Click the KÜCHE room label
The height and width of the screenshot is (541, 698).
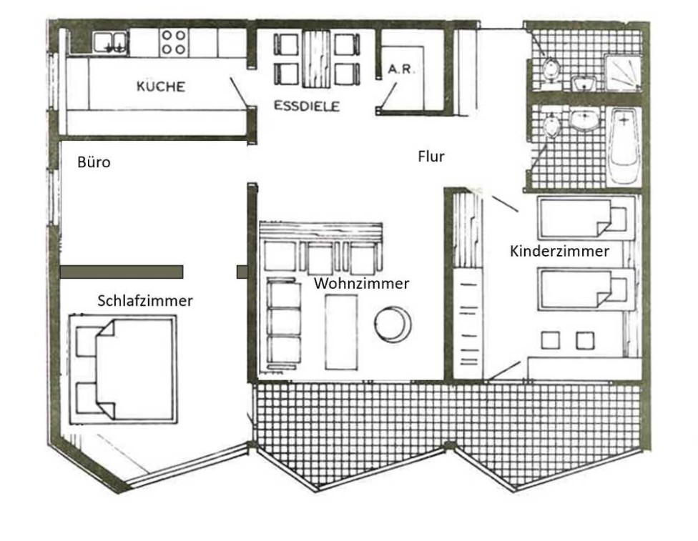[x=161, y=86]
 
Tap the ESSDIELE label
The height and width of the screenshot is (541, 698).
[x=307, y=106]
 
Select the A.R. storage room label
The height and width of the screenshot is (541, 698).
[x=401, y=69]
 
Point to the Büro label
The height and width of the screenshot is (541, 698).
[x=94, y=162]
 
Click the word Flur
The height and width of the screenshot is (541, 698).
[x=431, y=157]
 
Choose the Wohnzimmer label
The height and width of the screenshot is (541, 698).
[x=361, y=284]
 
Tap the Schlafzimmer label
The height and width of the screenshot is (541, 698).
[x=145, y=301]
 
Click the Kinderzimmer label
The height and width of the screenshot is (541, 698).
[x=559, y=251]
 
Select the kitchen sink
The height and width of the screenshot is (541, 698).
[x=110, y=43]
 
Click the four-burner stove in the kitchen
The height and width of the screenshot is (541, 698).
[x=174, y=42]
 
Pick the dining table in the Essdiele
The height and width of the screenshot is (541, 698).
[x=316, y=59]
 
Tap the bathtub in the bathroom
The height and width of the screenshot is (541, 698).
[x=624, y=147]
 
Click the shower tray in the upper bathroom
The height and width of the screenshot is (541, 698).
[x=623, y=72]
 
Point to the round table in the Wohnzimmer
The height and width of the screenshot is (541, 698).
[x=392, y=324]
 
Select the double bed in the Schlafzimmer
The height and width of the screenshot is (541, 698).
[x=123, y=369]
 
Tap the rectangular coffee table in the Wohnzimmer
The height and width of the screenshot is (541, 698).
[x=341, y=332]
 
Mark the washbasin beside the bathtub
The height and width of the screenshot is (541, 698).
[x=584, y=119]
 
